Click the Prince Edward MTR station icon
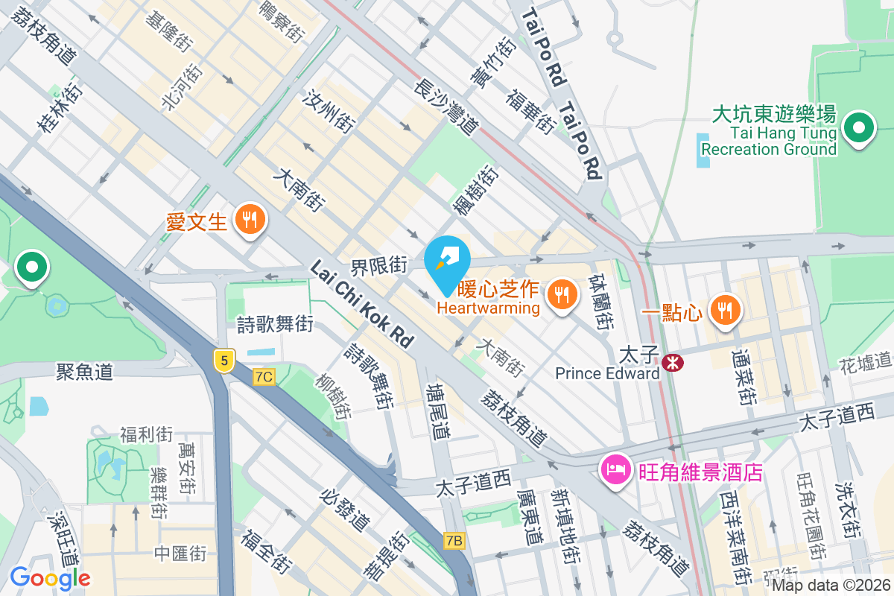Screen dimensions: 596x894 (673, 363)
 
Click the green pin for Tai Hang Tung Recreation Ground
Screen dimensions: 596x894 (859, 129)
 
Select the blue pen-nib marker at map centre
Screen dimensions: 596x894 (447, 261)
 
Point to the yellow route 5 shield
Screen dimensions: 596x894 (223, 360)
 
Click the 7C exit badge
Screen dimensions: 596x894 (263, 377)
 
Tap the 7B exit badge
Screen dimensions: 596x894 (454, 541)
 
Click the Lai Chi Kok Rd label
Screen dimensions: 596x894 (362, 304)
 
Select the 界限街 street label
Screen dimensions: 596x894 (379, 264)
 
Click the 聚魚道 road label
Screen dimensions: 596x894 (84, 371)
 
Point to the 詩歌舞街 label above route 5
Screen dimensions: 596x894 (274, 325)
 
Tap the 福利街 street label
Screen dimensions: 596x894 (146, 434)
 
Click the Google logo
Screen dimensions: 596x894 (50, 577)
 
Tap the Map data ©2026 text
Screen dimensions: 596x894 (830, 586)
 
